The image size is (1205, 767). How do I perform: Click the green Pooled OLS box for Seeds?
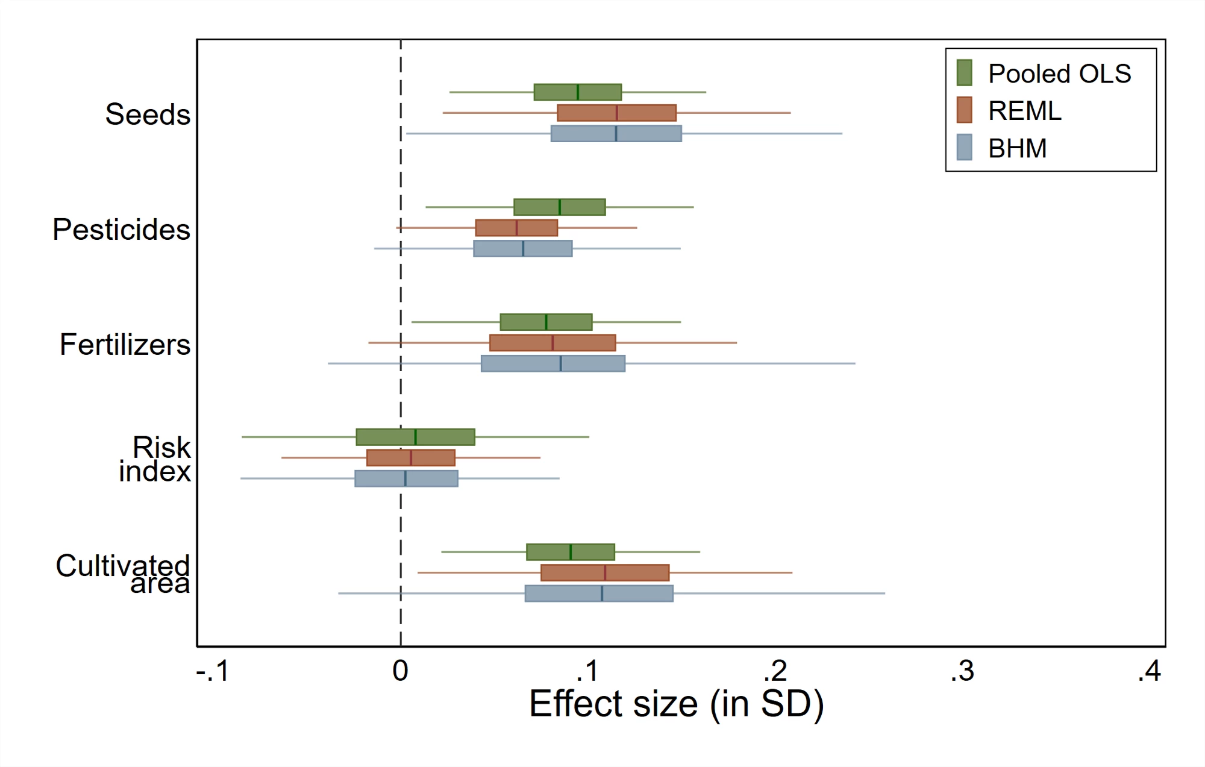coord(577,92)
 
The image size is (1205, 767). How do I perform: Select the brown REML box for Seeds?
coord(616,113)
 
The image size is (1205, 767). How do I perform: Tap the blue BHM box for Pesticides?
coord(523,248)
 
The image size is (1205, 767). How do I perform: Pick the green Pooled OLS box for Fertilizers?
coord(546,322)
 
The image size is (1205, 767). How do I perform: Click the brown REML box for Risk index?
coord(411,458)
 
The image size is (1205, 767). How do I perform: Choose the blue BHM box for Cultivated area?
coord(599,593)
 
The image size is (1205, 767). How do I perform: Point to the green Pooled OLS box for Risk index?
coord(415,437)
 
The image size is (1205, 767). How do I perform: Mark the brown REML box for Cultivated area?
coord(605,572)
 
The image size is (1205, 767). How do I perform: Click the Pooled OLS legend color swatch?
coord(964,73)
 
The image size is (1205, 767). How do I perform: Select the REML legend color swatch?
coord(964,110)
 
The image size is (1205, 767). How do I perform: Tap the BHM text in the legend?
coord(1018,148)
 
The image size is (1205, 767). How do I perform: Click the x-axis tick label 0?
coord(401,671)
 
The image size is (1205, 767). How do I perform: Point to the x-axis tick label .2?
coord(775,671)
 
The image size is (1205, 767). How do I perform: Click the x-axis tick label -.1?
coord(213,671)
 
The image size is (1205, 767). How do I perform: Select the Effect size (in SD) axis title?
coord(677,704)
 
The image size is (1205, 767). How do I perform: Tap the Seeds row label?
coord(148,114)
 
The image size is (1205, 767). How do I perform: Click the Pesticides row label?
coord(121,229)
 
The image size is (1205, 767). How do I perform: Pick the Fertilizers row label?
coord(125,344)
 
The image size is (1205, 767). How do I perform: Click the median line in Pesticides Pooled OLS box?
coord(560,207)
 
